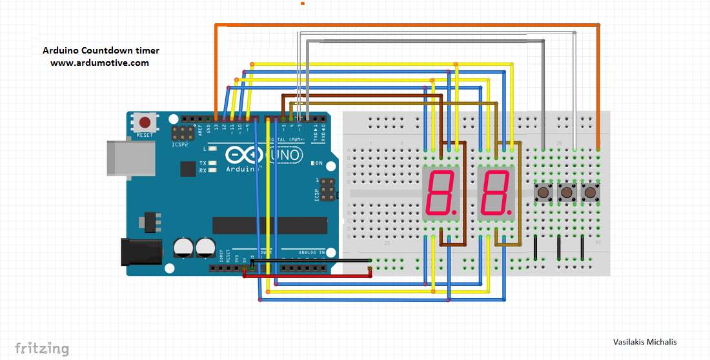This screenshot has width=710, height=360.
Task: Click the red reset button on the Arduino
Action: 145,122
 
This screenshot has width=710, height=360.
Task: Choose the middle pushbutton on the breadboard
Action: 567,192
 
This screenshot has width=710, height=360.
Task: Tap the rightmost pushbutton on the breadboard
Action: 589,192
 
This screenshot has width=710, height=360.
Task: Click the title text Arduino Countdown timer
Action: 101,50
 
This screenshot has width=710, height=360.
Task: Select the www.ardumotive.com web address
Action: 100,63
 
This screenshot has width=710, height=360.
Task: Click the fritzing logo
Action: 42,348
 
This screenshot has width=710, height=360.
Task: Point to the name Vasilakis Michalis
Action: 645,342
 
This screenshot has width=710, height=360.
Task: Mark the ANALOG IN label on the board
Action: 312,252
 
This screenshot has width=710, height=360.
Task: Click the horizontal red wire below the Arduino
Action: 307,276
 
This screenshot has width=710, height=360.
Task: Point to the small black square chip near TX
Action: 188,169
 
